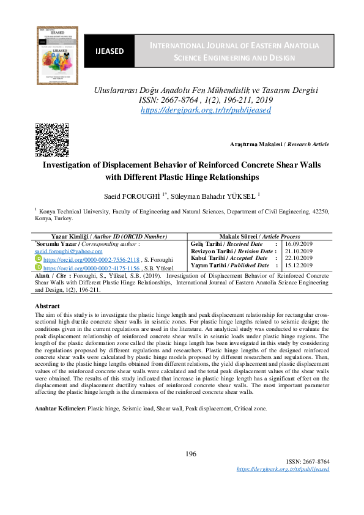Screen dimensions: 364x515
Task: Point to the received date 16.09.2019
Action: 299,244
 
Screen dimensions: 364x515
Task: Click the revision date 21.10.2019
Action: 299,251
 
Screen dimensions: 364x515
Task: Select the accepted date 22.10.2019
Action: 299,258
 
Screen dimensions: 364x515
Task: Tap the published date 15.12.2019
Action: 299,265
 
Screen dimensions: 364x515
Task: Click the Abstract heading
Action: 47,305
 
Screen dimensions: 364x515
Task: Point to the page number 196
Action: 190,454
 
